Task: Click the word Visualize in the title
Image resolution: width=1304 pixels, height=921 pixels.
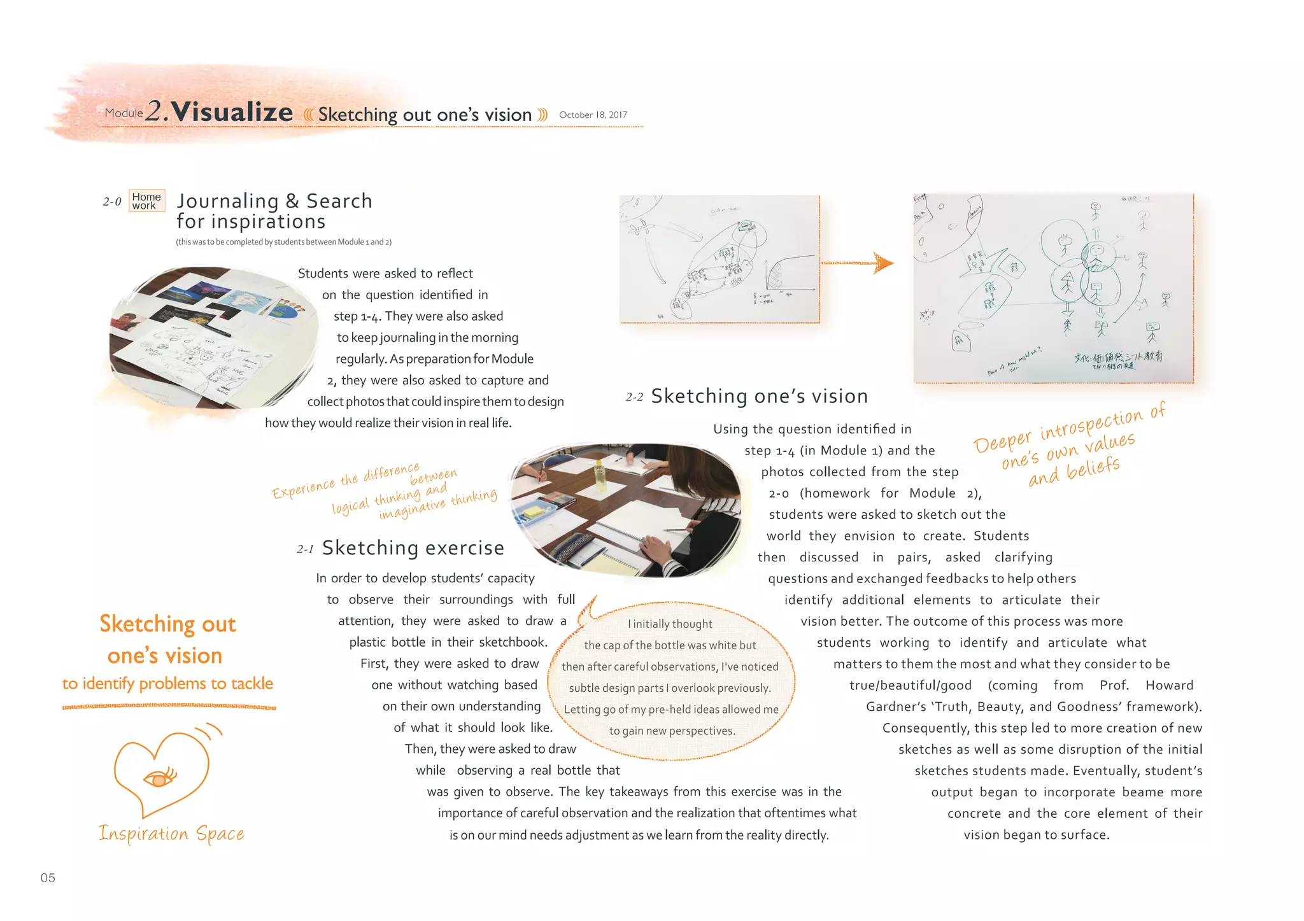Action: [x=232, y=112]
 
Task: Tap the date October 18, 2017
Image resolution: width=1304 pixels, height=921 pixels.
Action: [x=593, y=115]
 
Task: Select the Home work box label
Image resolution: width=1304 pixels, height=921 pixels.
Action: [x=146, y=200]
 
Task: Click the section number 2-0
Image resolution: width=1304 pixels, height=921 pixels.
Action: [x=112, y=202]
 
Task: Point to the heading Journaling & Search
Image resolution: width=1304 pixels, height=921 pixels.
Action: [x=274, y=201]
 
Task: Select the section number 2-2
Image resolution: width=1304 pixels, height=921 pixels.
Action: [x=634, y=397]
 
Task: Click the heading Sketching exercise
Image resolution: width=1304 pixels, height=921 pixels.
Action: [x=413, y=548]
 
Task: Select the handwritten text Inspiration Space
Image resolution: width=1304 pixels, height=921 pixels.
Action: [x=171, y=833]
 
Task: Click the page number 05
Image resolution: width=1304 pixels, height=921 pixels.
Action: [x=48, y=878]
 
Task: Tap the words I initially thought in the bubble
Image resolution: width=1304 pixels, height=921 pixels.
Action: [x=670, y=624]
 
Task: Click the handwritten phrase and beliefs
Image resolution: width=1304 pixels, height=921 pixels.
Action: [x=1074, y=471]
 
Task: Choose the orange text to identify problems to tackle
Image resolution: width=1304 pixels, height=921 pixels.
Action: [x=167, y=684]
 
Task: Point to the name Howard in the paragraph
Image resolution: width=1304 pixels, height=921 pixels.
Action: [x=1169, y=685]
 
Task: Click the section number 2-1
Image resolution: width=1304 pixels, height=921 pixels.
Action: [x=305, y=549]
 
